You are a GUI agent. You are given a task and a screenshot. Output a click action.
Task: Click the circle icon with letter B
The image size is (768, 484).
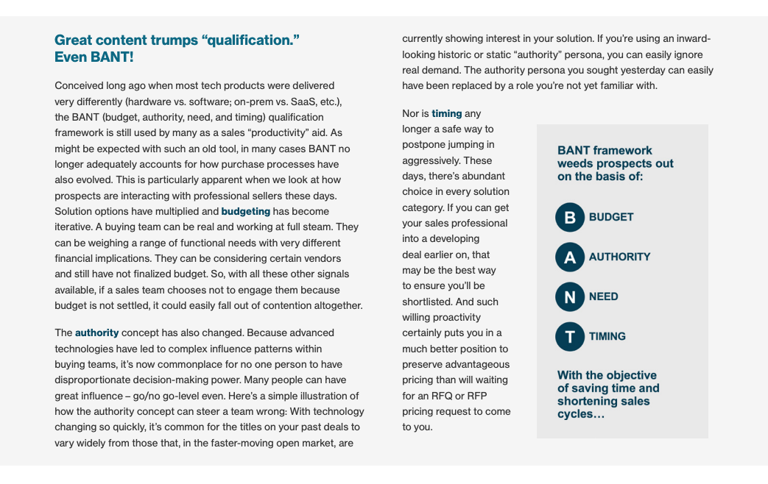[x=569, y=217]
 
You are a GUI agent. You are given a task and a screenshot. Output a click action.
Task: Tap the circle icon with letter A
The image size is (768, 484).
[x=569, y=257]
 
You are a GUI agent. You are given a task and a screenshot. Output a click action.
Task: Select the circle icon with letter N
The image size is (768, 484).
[x=569, y=296]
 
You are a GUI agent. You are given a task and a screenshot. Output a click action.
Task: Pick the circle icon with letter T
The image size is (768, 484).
[x=569, y=336]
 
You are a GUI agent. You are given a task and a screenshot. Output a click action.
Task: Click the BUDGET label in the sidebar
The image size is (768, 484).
[x=611, y=217]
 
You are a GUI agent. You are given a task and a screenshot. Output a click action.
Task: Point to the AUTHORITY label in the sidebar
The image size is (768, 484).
[x=619, y=257]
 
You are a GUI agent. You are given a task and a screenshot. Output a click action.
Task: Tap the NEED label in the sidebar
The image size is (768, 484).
[x=603, y=296]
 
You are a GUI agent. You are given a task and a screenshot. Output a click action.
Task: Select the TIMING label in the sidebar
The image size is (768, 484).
[x=607, y=336]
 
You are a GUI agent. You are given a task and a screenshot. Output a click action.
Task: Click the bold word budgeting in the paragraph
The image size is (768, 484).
[x=246, y=211]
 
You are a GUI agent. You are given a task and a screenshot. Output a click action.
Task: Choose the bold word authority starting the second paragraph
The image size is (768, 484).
[x=96, y=332]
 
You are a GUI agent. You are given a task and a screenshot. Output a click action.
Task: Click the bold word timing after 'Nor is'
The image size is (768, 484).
[x=446, y=113]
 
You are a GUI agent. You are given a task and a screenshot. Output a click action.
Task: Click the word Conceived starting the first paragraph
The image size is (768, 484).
[x=79, y=85]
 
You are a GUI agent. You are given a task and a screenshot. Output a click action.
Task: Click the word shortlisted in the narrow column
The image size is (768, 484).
[x=429, y=302]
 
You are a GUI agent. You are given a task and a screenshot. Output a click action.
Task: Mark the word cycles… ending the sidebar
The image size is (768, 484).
[x=580, y=414]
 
